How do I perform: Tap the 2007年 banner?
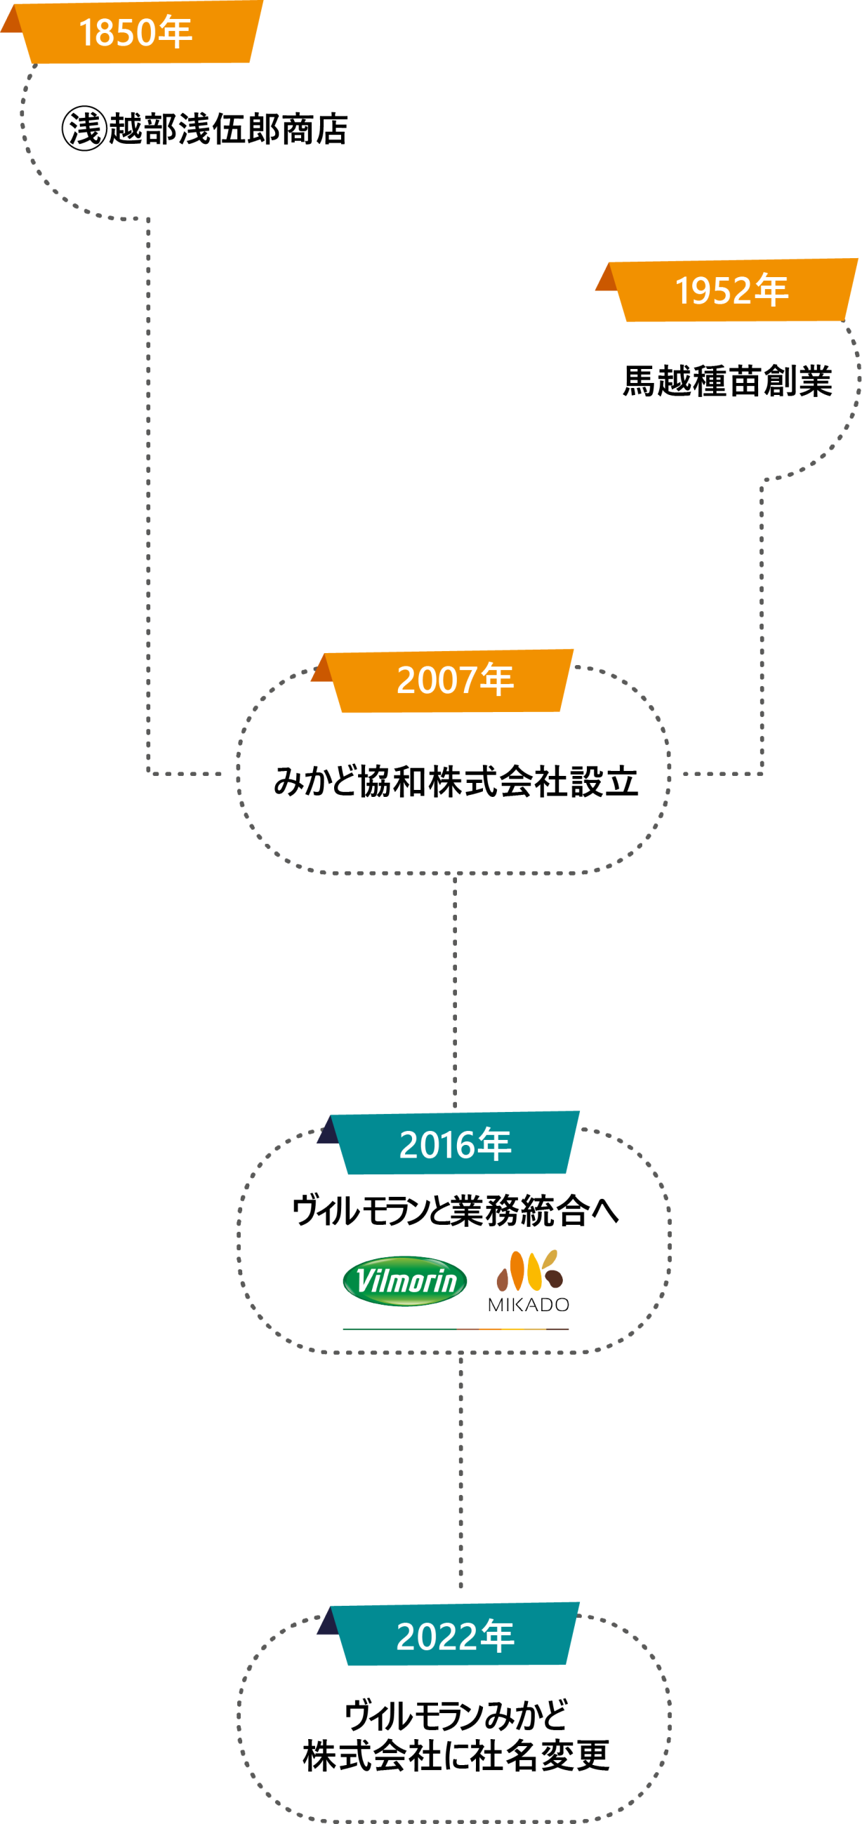pyautogui.click(x=453, y=680)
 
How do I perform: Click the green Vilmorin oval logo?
pyautogui.click(x=404, y=1281)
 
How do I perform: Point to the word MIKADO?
pyautogui.click(x=529, y=1304)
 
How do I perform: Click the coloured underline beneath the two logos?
pyautogui.click(x=456, y=1329)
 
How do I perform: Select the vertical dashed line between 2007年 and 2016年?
pyautogui.click(x=455, y=991)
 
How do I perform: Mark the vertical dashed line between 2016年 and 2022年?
pyautogui.click(x=460, y=1473)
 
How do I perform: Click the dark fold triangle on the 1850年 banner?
pyautogui.click(x=12, y=20)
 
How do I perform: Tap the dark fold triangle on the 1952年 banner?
pyautogui.click(x=606, y=279)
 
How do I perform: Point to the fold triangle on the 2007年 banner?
pyautogui.click(x=322, y=670)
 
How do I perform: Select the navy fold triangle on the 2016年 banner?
pyautogui.click(x=328, y=1132)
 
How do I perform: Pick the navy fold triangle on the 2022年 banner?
pyautogui.click(x=328, y=1623)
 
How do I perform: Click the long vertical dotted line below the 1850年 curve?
pyautogui.click(x=148, y=496)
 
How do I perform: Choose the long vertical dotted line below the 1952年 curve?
pyautogui.click(x=762, y=623)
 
